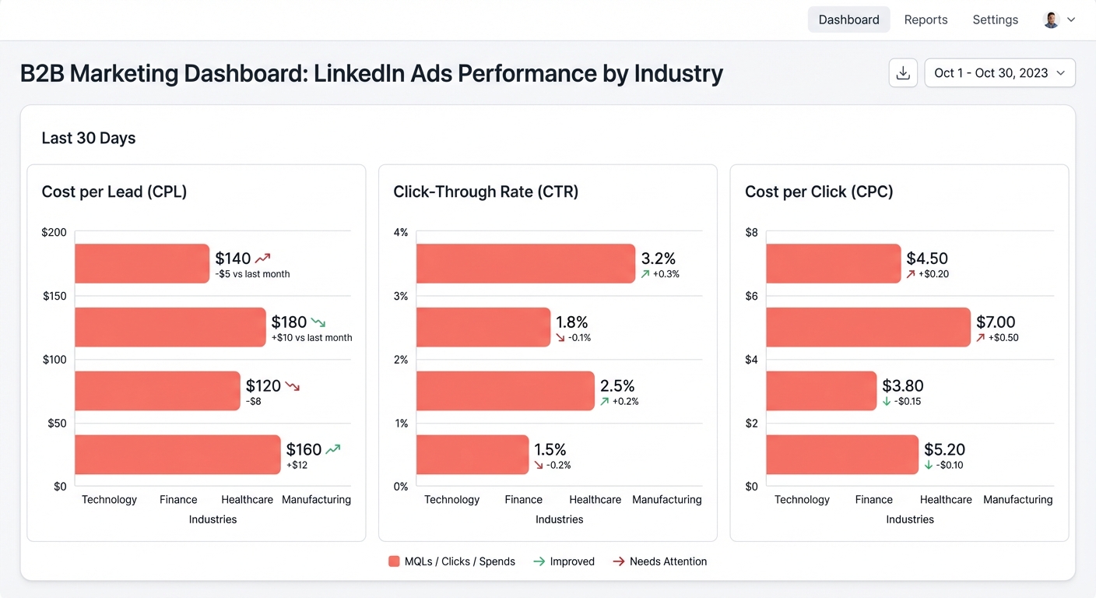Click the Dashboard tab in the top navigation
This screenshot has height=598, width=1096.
(x=848, y=19)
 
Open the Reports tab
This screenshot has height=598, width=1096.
(x=926, y=19)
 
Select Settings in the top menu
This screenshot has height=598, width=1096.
(x=995, y=19)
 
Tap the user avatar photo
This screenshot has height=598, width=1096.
(x=1051, y=20)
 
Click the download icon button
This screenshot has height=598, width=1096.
(x=903, y=72)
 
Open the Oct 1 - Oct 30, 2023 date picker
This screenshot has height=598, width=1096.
(x=999, y=72)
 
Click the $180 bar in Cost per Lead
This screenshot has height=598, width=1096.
(x=170, y=327)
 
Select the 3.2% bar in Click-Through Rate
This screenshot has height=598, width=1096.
(x=525, y=263)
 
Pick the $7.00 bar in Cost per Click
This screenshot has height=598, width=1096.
(x=868, y=327)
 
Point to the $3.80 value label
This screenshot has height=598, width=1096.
(x=903, y=385)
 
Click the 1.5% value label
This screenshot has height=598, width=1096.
(x=550, y=449)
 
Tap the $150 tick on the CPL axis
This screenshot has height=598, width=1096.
(x=54, y=296)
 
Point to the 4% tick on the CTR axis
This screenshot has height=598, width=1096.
(x=401, y=232)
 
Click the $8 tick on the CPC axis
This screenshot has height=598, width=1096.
(x=751, y=232)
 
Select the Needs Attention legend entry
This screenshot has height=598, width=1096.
(x=659, y=561)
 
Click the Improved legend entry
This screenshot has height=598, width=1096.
(x=564, y=561)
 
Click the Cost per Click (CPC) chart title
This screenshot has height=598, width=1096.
(x=818, y=192)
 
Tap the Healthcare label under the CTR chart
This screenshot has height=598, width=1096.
(x=595, y=500)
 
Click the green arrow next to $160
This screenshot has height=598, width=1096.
(x=333, y=449)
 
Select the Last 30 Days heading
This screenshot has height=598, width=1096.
(x=89, y=138)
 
